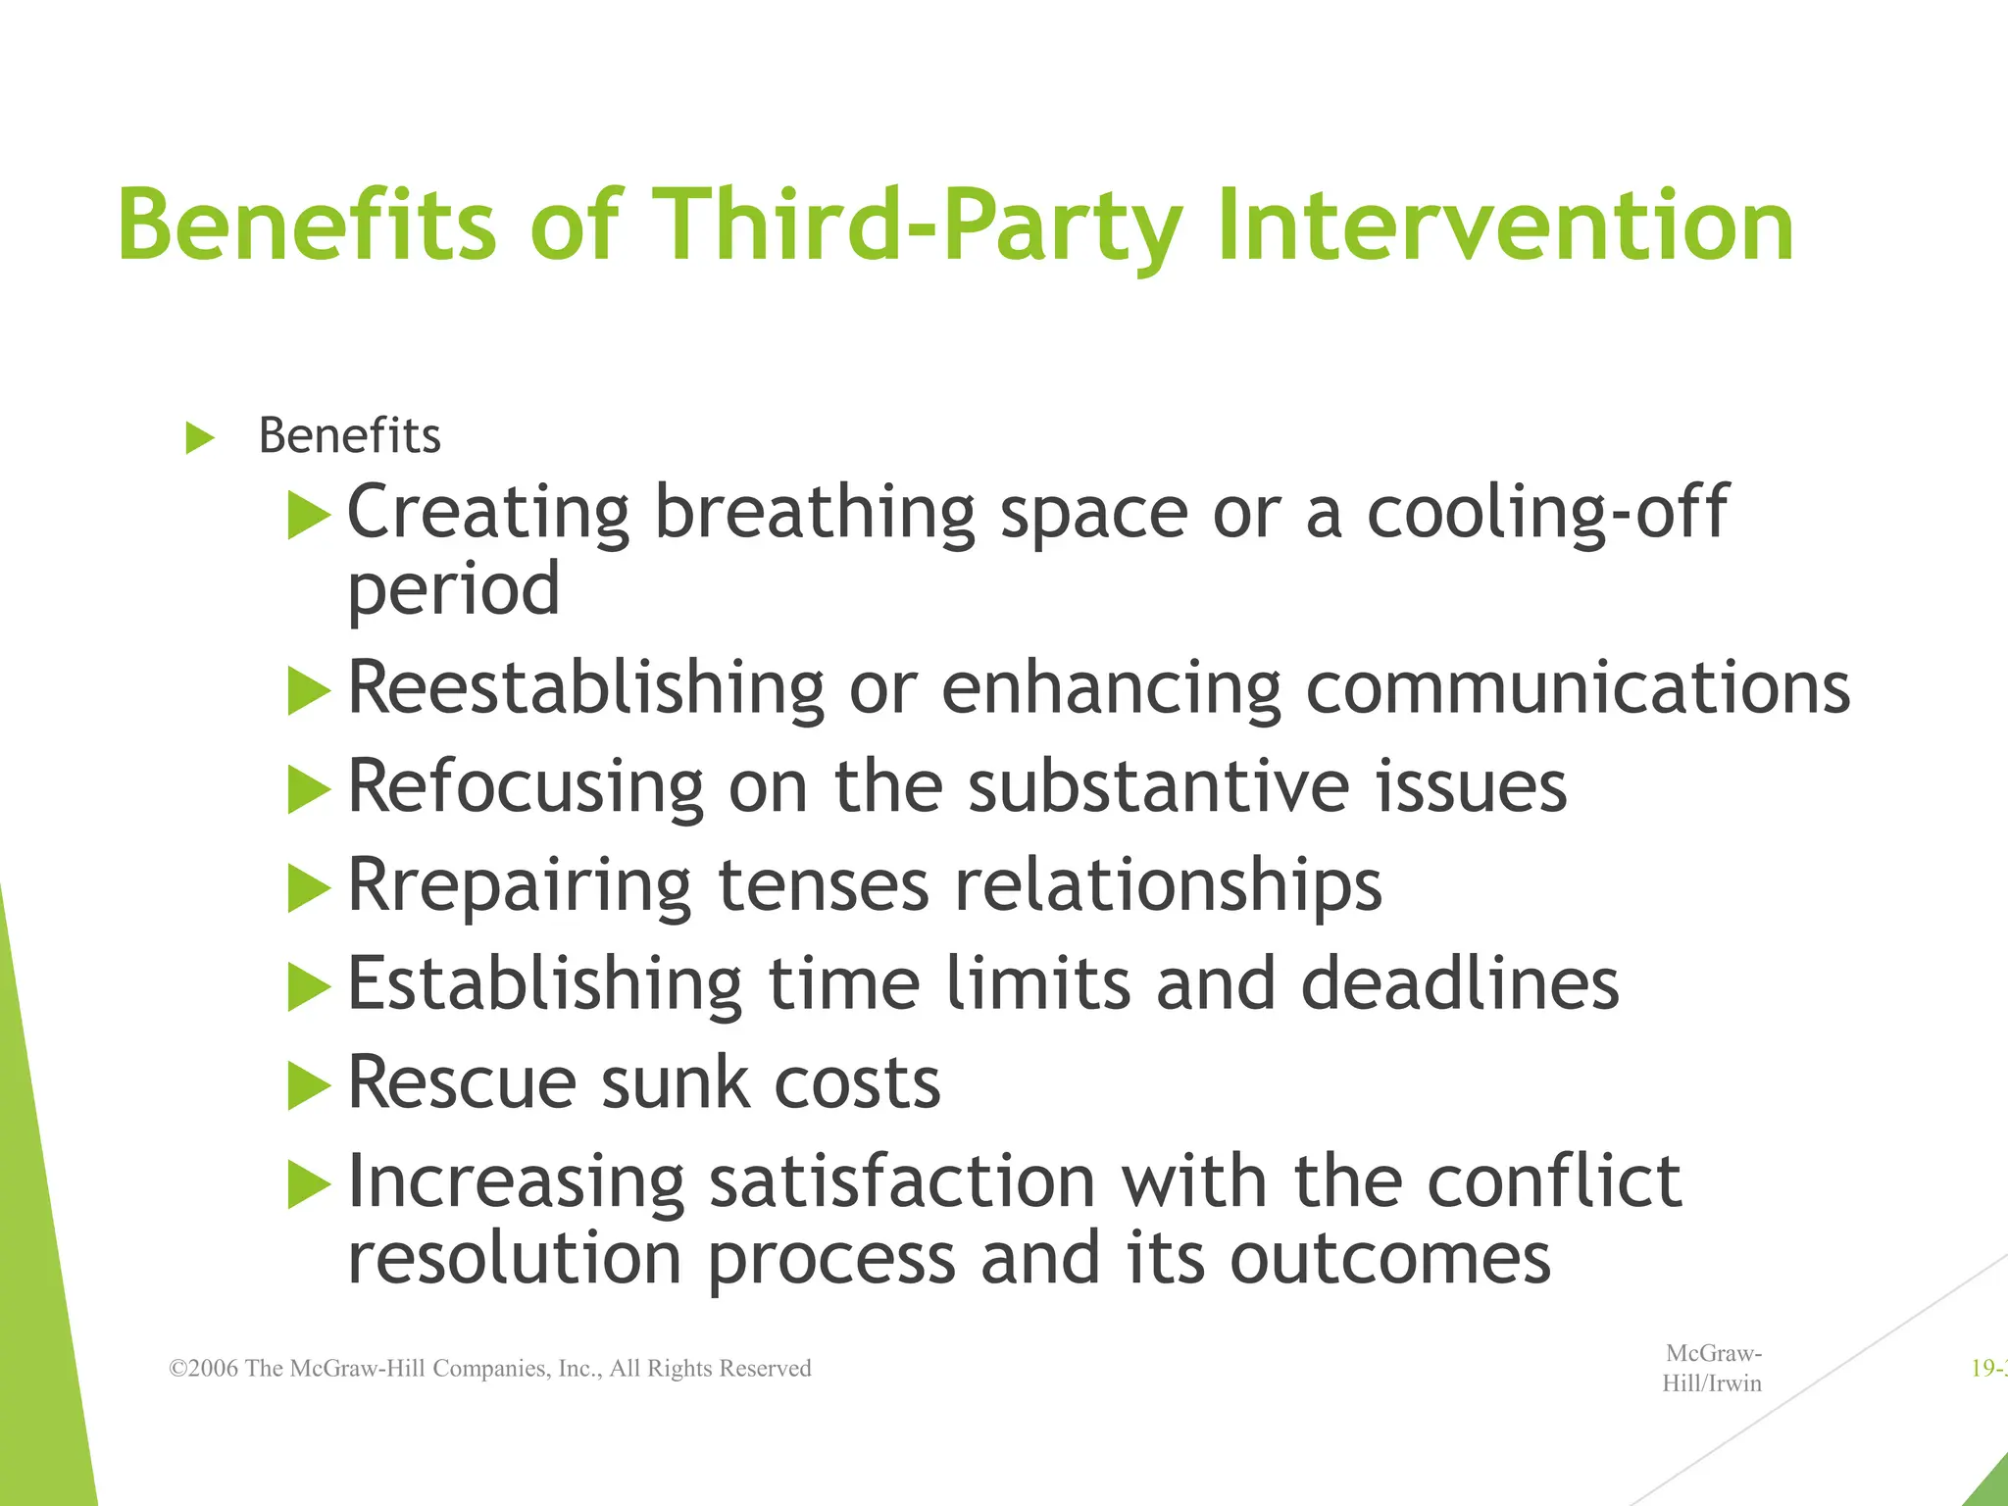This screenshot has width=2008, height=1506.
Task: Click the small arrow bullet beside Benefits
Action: coord(200,437)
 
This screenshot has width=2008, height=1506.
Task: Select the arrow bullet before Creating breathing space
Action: coord(309,516)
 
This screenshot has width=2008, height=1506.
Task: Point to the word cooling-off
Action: coord(1546,512)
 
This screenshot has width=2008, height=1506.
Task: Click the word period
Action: coord(454,590)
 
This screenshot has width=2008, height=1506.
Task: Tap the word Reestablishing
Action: coord(586,688)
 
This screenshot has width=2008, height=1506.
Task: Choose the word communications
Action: coord(1578,688)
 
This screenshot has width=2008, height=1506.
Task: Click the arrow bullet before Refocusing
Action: coord(309,790)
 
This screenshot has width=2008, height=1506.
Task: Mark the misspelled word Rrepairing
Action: coord(520,886)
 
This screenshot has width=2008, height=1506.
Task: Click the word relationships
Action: coord(1168,886)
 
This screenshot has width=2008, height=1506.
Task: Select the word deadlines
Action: coord(1460,983)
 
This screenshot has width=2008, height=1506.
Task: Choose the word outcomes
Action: coord(1390,1258)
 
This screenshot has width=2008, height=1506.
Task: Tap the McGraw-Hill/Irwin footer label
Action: coord(1712,1369)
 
